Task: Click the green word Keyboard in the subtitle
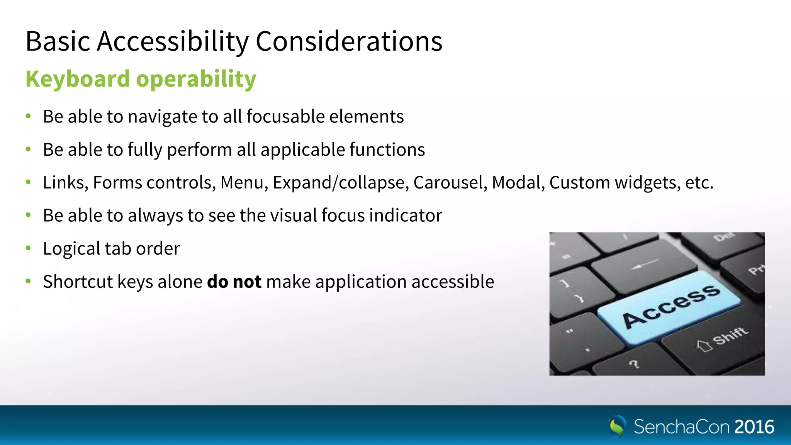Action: click(78, 79)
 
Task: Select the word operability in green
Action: click(196, 80)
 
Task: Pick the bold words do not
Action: click(234, 282)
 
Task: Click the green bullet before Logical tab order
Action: click(28, 248)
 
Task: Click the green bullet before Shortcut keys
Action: click(28, 281)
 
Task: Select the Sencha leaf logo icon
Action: click(617, 426)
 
